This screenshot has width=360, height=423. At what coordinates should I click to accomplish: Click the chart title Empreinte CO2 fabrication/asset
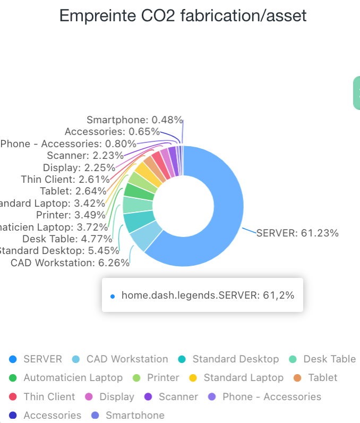(x=183, y=16)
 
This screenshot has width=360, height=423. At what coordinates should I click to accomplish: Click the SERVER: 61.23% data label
(x=297, y=233)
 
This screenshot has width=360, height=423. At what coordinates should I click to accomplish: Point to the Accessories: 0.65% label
(x=112, y=131)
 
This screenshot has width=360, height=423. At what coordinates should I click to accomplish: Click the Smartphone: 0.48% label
(x=134, y=120)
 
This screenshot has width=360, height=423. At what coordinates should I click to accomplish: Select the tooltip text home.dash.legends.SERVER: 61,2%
(x=208, y=295)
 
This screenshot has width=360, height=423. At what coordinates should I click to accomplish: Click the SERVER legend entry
(x=42, y=359)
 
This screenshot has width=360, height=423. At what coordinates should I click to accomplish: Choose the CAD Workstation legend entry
(x=127, y=359)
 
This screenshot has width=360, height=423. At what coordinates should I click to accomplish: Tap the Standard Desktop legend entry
(x=235, y=359)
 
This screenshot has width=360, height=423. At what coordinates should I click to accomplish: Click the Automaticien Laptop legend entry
(x=73, y=378)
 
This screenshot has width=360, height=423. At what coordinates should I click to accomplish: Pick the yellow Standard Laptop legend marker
(x=193, y=378)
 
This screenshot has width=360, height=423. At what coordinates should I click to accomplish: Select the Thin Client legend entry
(x=49, y=397)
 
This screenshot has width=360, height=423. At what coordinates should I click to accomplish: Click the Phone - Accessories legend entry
(x=271, y=397)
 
